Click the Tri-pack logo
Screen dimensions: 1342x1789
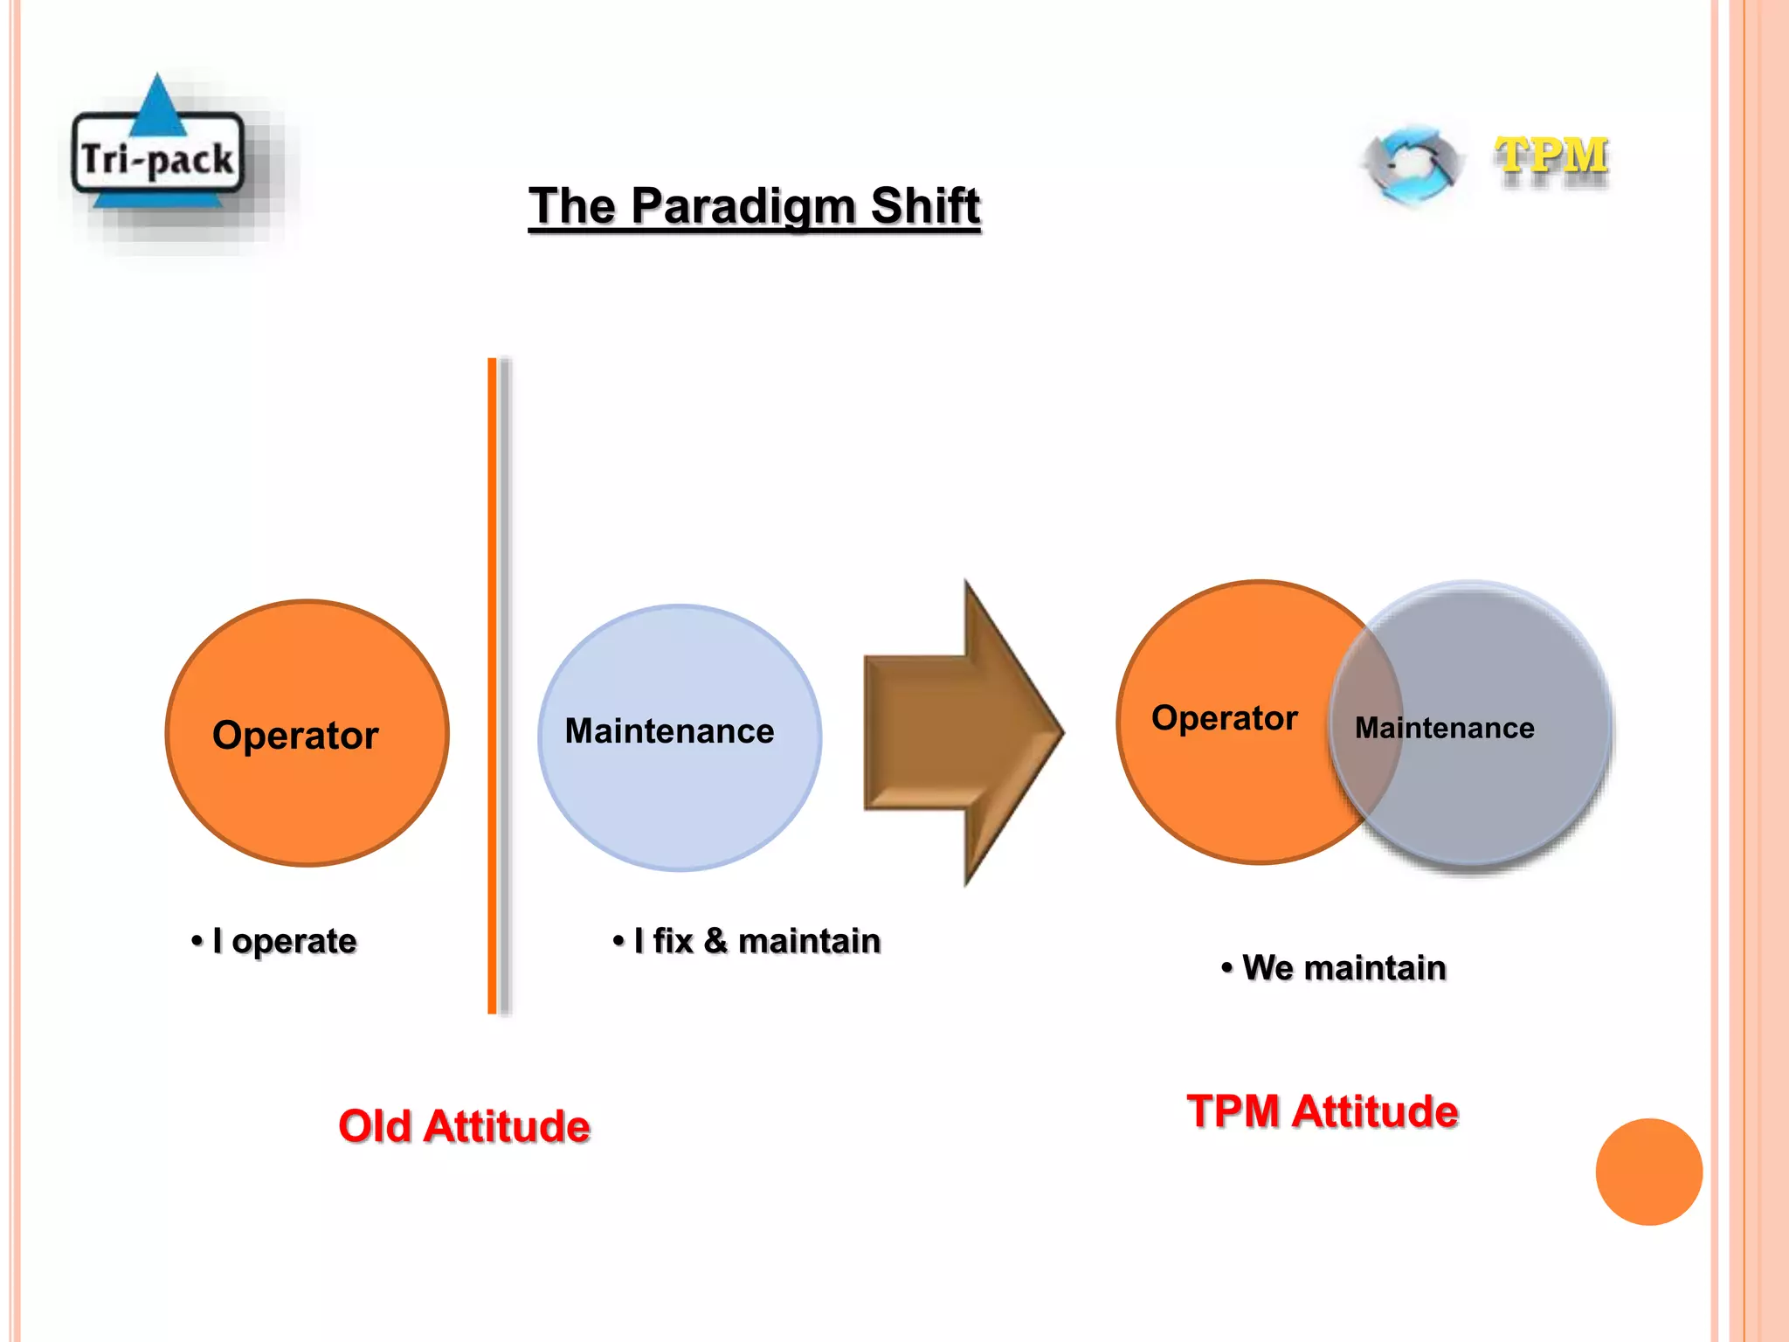pyautogui.click(x=158, y=158)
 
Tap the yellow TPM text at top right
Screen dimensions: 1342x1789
pyautogui.click(x=1551, y=157)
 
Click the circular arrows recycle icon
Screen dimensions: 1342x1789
pyautogui.click(x=1413, y=163)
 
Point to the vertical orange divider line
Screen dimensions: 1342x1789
pyautogui.click(x=493, y=685)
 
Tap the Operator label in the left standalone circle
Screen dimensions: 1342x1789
pyautogui.click(x=295, y=736)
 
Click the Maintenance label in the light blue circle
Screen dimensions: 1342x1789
pyautogui.click(x=669, y=731)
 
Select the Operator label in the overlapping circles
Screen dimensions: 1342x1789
pyautogui.click(x=1224, y=718)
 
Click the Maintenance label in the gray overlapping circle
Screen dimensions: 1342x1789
pyautogui.click(x=1444, y=729)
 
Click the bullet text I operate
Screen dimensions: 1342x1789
pyautogui.click(x=284, y=941)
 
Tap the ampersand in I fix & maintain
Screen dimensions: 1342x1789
pyautogui.click(x=715, y=941)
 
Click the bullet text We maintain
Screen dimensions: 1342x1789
pyautogui.click(x=1343, y=968)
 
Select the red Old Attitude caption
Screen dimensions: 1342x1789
pyautogui.click(x=464, y=1126)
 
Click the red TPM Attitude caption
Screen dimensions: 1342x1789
pyautogui.click(x=1322, y=1112)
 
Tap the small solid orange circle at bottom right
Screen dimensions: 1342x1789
pyautogui.click(x=1648, y=1172)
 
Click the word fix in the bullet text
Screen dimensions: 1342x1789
pyautogui.click(x=673, y=941)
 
